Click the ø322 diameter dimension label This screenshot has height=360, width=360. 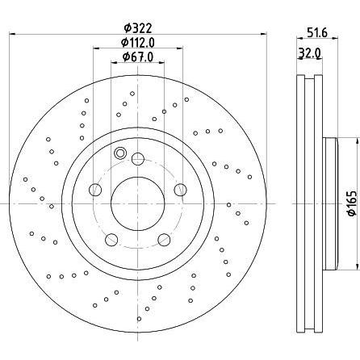[x=138, y=27]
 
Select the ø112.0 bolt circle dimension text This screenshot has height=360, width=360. [x=138, y=42]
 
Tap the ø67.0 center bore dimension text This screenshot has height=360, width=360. [x=138, y=57]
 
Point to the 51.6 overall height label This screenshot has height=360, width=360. [x=317, y=33]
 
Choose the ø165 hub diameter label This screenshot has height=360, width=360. [x=352, y=203]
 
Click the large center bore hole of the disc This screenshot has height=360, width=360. [x=137, y=203]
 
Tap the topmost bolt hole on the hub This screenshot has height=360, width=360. [x=138, y=159]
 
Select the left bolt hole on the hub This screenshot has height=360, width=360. [x=95, y=190]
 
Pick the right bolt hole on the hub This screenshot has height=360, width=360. [x=180, y=190]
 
